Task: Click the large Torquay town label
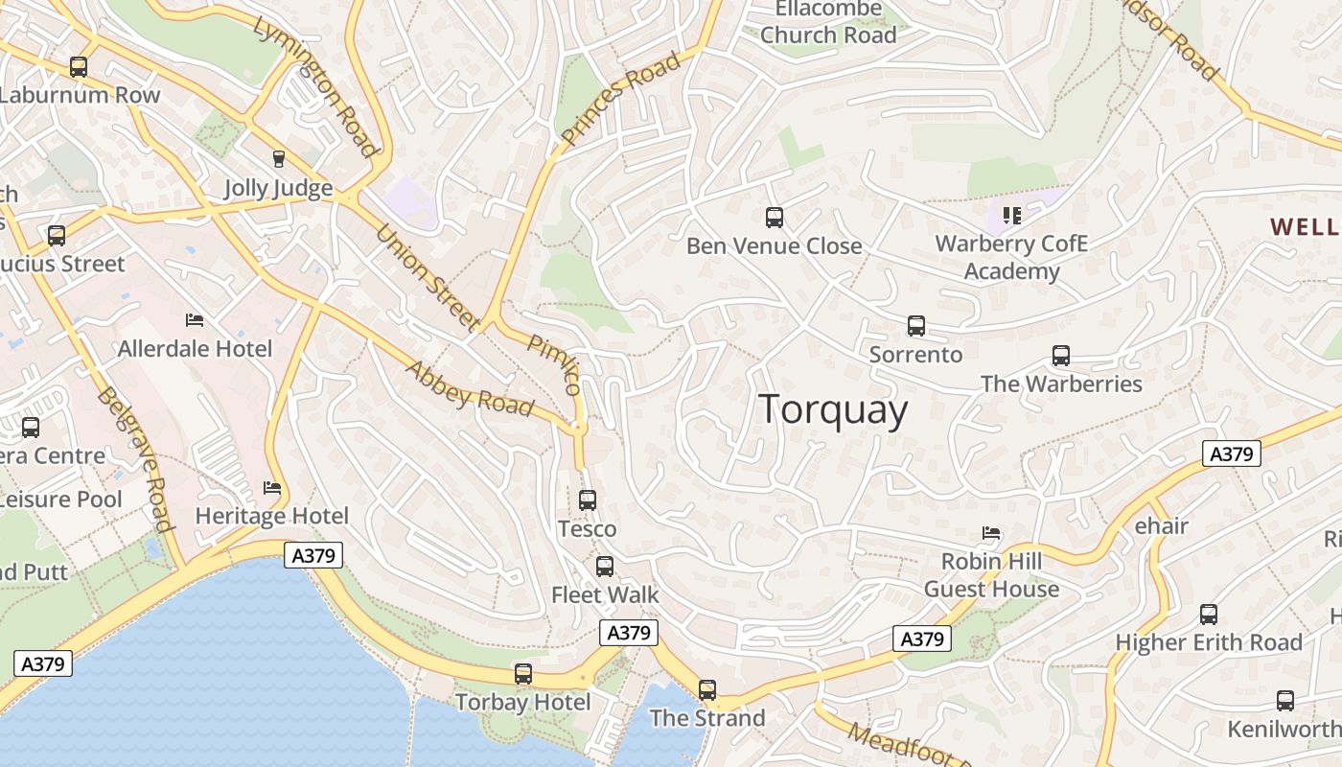[833, 410]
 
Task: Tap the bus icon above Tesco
[588, 500]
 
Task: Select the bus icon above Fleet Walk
[605, 566]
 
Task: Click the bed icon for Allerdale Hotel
[195, 319]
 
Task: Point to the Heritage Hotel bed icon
[272, 487]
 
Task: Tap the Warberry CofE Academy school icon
[1011, 215]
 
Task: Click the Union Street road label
[428, 278]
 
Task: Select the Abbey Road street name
[470, 387]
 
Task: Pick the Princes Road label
[621, 98]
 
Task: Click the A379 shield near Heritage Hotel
[313, 554]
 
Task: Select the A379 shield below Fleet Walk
[629, 633]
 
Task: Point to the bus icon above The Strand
[707, 689]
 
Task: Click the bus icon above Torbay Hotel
[522, 674]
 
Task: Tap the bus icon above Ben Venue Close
[775, 218]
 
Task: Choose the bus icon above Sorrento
[916, 326]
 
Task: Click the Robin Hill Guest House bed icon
[991, 532]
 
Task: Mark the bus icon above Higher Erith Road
[1209, 614]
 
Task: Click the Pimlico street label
[555, 364]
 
